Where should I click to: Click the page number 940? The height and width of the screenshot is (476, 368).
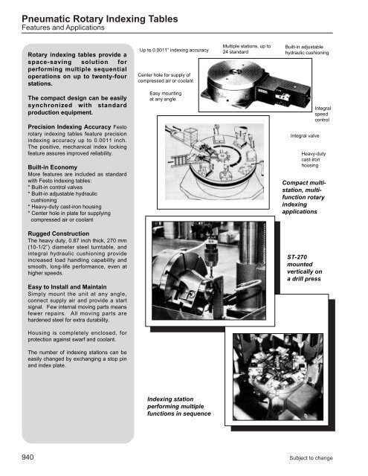(16, 457)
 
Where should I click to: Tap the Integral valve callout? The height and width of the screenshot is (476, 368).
(305, 137)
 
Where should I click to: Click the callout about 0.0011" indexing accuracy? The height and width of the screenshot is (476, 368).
(174, 51)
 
